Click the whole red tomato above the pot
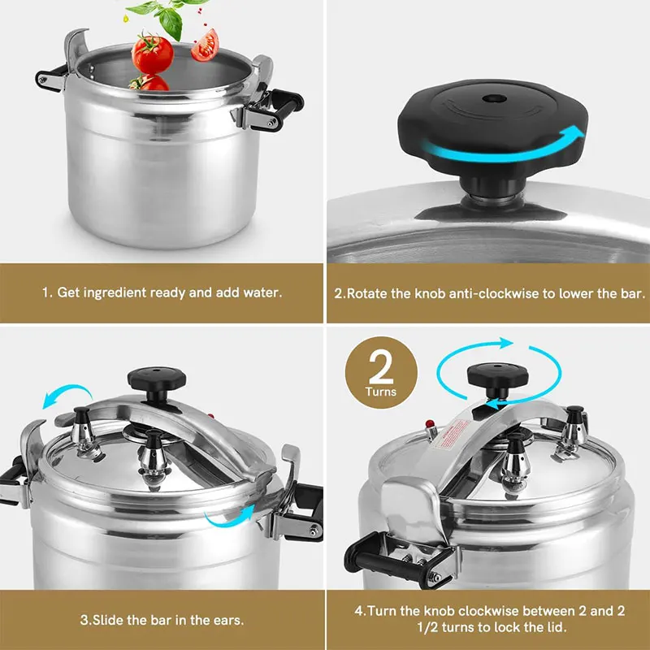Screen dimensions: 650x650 152,53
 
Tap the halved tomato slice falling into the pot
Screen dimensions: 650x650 205,45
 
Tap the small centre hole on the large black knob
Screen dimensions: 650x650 490,98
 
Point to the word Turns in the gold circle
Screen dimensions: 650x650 382,392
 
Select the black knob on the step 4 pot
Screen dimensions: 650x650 496,377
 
